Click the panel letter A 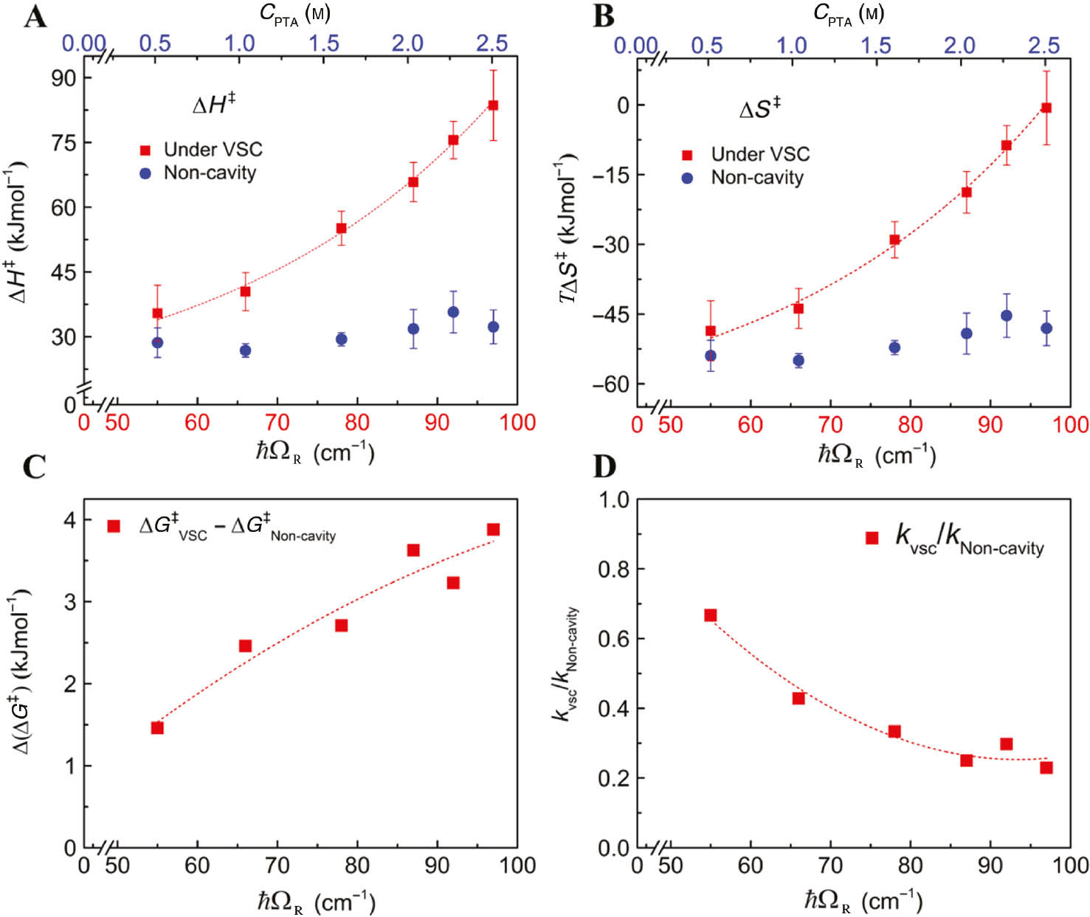tap(35, 15)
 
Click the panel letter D tap(604, 466)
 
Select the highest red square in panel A tap(493, 105)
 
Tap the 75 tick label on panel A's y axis tap(63, 142)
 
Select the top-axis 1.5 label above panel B tap(875, 45)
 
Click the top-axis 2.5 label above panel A tap(491, 43)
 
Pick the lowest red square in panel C tap(157, 728)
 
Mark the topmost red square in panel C tap(493, 530)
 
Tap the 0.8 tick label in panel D tap(613, 570)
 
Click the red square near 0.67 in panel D tap(710, 615)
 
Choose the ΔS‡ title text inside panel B tap(759, 109)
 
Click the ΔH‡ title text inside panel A tap(213, 104)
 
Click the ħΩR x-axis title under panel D tap(863, 900)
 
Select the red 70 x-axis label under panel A tap(277, 423)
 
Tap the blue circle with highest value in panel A tap(453, 312)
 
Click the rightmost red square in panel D tap(1046, 767)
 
